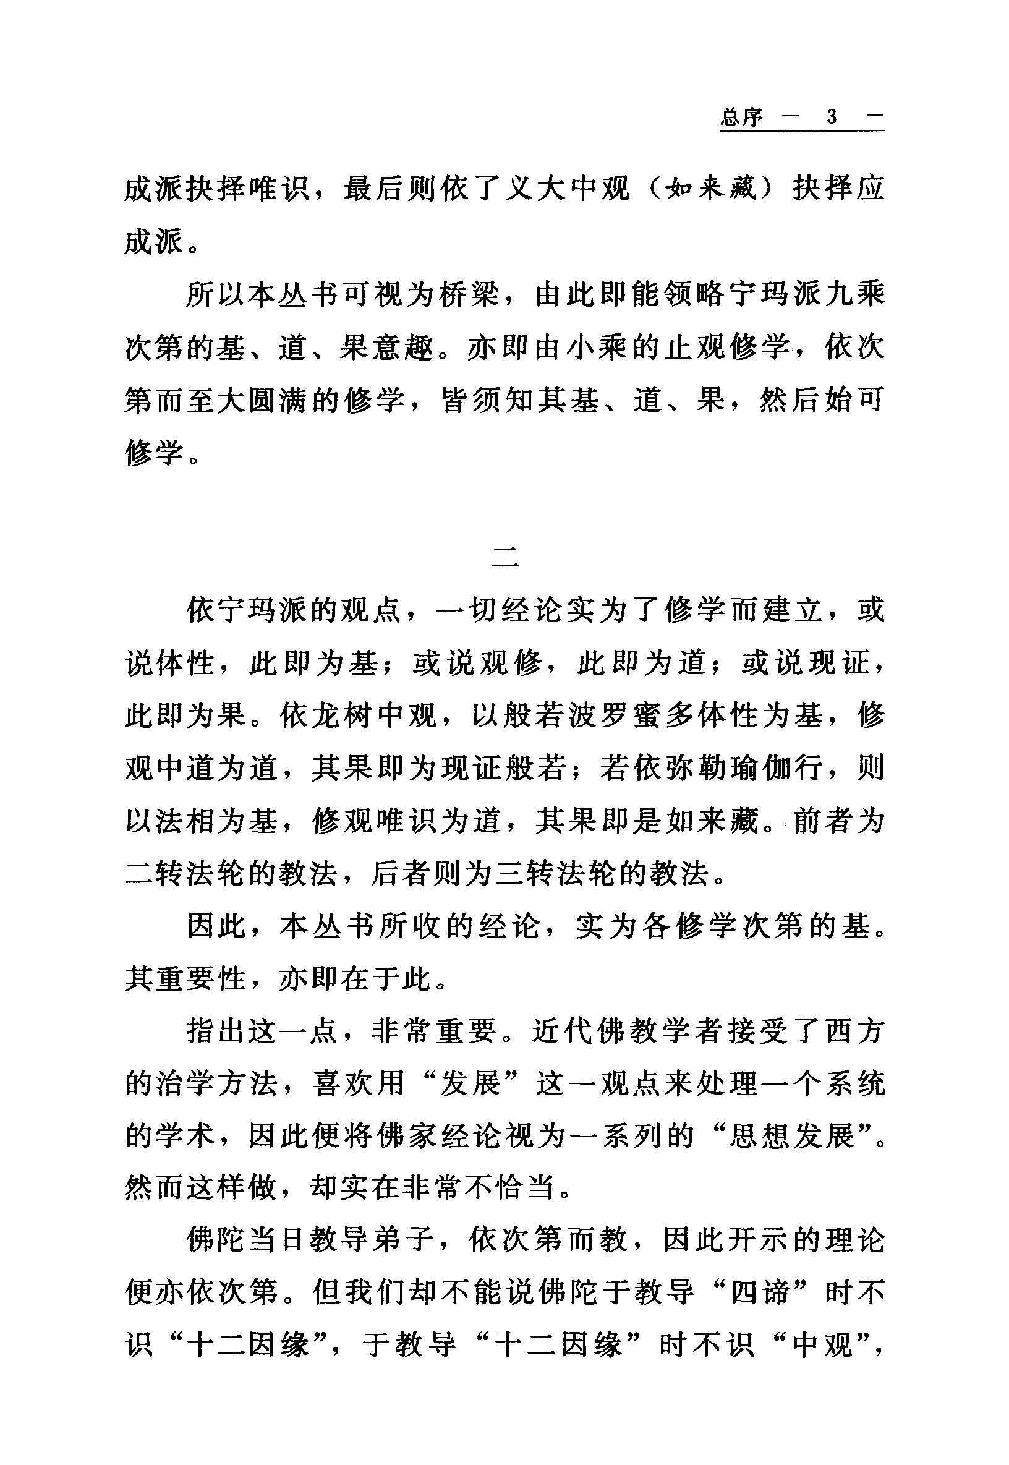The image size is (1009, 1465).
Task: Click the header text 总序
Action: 741,117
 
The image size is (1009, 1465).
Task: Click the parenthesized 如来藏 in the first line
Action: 712,189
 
